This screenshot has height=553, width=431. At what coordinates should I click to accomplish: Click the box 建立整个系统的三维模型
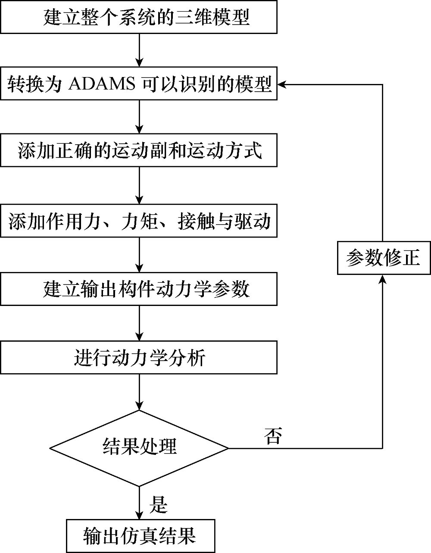(x=139, y=17)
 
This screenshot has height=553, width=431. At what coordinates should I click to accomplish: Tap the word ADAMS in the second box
(x=102, y=84)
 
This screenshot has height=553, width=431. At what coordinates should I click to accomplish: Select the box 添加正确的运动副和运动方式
(x=139, y=150)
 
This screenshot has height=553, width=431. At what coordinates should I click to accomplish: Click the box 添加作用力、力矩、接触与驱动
(x=139, y=221)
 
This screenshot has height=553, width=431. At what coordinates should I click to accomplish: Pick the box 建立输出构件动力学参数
(x=139, y=289)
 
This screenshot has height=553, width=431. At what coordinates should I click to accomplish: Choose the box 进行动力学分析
(x=139, y=357)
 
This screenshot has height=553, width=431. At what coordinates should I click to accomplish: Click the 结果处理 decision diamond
(x=139, y=448)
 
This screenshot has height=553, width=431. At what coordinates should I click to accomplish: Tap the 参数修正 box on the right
(x=384, y=258)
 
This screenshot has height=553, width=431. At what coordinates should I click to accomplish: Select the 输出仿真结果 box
(x=141, y=536)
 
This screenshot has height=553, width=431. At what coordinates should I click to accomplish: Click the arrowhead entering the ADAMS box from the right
(x=282, y=84)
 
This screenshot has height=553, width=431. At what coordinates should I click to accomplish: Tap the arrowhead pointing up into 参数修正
(x=383, y=279)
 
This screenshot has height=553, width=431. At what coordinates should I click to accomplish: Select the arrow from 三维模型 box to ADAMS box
(x=139, y=50)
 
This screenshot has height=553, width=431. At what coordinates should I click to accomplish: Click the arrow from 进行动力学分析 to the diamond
(x=139, y=392)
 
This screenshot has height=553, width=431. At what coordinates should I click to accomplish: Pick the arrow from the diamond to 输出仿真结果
(x=139, y=503)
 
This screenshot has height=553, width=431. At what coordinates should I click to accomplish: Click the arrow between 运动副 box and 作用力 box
(x=139, y=185)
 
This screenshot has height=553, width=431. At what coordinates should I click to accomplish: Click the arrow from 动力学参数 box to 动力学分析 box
(x=139, y=323)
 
